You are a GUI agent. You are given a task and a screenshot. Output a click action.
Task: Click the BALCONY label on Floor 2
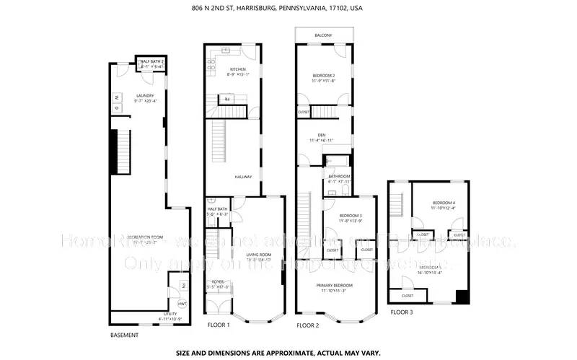click(323, 35)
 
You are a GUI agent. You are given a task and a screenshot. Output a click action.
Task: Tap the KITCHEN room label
click(228, 69)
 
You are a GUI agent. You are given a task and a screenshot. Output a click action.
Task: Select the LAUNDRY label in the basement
click(146, 96)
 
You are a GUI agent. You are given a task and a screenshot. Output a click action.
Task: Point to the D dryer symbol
click(115, 108)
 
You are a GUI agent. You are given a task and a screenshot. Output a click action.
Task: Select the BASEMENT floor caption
click(124, 335)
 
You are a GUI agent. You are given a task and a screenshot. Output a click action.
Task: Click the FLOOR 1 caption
click(219, 325)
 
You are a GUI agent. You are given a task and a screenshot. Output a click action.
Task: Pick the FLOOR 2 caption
click(308, 325)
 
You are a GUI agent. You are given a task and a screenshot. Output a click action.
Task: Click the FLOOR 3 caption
click(402, 312)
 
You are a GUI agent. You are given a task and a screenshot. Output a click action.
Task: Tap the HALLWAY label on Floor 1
click(243, 176)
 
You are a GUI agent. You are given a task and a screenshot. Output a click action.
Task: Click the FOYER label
click(219, 282)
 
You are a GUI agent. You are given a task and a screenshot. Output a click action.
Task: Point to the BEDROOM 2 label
click(324, 76)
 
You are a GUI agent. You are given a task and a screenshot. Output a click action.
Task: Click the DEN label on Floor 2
click(322, 135)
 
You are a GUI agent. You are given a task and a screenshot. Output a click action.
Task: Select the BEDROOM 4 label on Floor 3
click(444, 203)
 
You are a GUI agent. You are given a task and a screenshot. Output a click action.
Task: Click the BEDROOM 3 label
click(351, 216)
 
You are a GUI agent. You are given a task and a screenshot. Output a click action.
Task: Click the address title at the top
click(288, 8)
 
